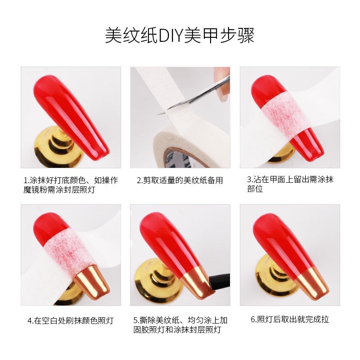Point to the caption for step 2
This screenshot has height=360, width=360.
180,180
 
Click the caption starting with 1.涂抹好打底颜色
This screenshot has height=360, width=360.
71,185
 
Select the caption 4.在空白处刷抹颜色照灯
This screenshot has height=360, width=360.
71,321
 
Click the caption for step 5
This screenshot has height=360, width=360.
180,325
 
